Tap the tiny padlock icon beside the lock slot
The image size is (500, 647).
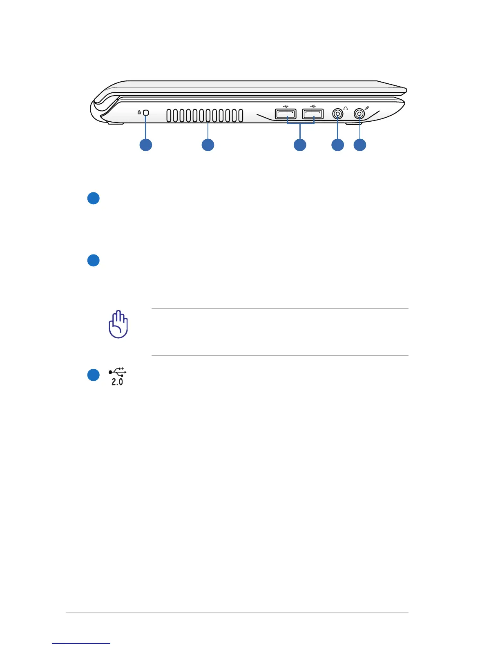pyautogui.click(x=139, y=112)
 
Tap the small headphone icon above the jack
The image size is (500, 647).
pyautogui.click(x=346, y=108)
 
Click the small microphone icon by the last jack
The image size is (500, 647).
pyautogui.click(x=367, y=108)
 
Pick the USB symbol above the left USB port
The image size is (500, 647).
pyautogui.click(x=286, y=107)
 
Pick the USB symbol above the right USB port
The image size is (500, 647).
pyautogui.click(x=312, y=107)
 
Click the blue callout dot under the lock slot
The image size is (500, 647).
pyautogui.click(x=146, y=145)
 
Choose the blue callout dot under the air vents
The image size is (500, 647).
pyautogui.click(x=208, y=145)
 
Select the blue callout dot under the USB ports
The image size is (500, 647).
pyautogui.click(x=300, y=145)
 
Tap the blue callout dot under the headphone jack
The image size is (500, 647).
pyautogui.click(x=337, y=145)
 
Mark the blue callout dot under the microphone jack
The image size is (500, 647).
pyautogui.click(x=359, y=145)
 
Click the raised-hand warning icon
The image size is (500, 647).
pyautogui.click(x=118, y=324)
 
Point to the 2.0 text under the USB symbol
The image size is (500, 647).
pyautogui.click(x=117, y=382)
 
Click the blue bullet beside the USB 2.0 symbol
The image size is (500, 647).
pyautogui.click(x=94, y=375)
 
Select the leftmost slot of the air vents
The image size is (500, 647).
pyautogui.click(x=169, y=116)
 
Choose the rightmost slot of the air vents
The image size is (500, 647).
pyautogui.click(x=241, y=116)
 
